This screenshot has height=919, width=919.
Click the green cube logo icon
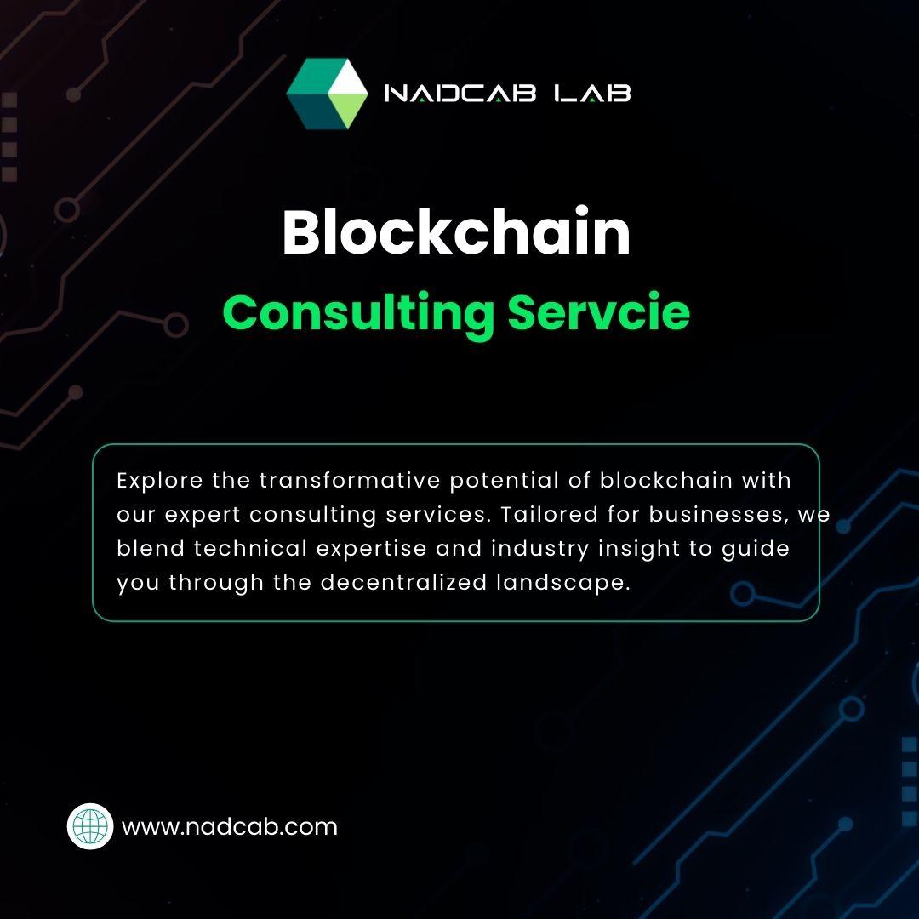(327, 94)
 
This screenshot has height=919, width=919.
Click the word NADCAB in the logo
(459, 94)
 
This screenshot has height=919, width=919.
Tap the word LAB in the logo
(592, 94)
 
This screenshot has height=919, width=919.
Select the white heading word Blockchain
(456, 231)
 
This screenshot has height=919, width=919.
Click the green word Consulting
(359, 313)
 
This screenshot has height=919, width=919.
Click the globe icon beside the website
(90, 826)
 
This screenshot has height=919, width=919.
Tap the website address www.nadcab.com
(229, 827)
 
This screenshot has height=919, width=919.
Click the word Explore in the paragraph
(160, 481)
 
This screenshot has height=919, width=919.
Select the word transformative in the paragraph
(350, 481)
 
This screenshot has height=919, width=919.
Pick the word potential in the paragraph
(505, 481)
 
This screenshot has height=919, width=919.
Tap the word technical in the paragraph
(251, 549)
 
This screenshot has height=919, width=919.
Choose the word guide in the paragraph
(756, 549)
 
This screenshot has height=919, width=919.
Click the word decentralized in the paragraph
(403, 583)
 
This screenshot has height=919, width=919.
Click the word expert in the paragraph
(203, 516)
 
